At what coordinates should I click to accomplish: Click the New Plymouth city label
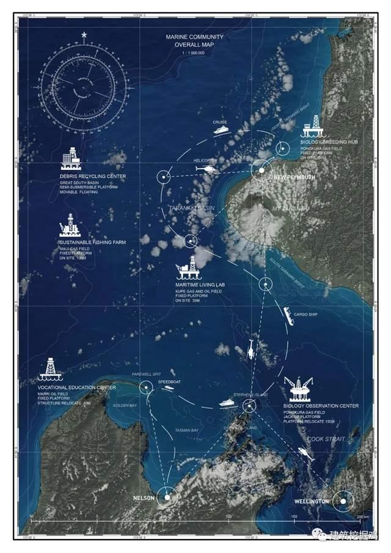(x=294, y=177)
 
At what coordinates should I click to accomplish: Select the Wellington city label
(x=312, y=502)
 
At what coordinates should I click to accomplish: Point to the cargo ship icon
(x=287, y=316)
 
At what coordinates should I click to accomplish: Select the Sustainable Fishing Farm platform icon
(x=69, y=225)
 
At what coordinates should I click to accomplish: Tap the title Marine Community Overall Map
(x=195, y=41)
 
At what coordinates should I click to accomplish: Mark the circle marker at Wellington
(x=343, y=502)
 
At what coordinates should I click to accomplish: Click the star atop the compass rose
(x=84, y=34)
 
